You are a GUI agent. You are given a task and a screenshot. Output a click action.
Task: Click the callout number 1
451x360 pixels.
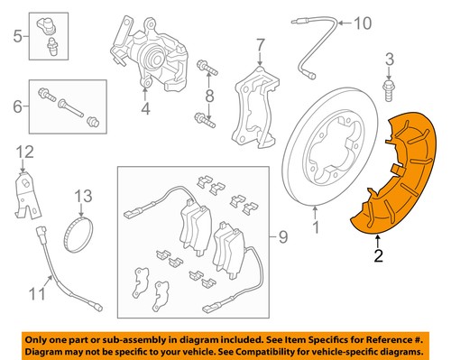(315, 215)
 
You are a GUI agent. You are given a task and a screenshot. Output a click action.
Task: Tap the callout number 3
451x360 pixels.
(390, 60)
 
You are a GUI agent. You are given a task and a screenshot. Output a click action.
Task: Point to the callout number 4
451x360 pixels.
(143, 111)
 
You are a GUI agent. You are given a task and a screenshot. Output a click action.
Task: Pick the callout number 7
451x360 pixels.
(259, 44)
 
